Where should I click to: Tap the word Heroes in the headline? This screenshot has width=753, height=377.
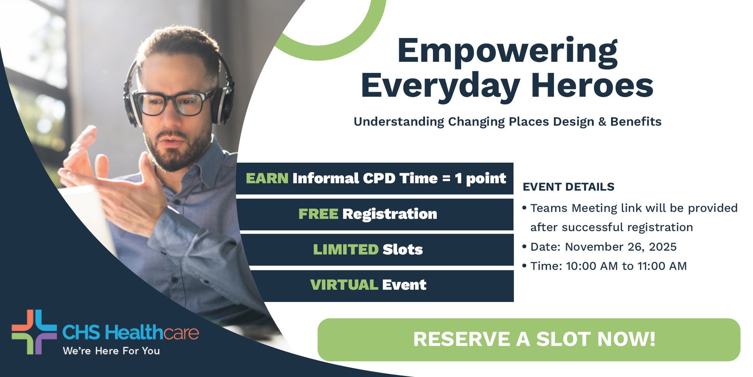tap(592, 86)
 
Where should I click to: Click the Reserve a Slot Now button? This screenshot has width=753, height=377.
tap(529, 339)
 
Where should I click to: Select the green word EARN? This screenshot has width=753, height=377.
tap(267, 178)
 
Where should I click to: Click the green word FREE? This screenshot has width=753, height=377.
tap(318, 214)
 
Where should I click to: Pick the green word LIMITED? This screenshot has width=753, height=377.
tap(346, 250)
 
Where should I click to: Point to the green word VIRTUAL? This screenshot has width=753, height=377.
tap(344, 285)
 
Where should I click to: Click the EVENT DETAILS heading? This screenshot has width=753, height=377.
tap(569, 187)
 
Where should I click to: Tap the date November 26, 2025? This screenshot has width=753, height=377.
tap(620, 247)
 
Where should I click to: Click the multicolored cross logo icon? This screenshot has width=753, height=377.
tap(34, 332)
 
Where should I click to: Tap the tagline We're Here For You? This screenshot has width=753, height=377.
tap(111, 351)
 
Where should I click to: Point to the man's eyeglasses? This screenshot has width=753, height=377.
tap(173, 103)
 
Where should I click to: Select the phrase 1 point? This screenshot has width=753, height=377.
tap(480, 178)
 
